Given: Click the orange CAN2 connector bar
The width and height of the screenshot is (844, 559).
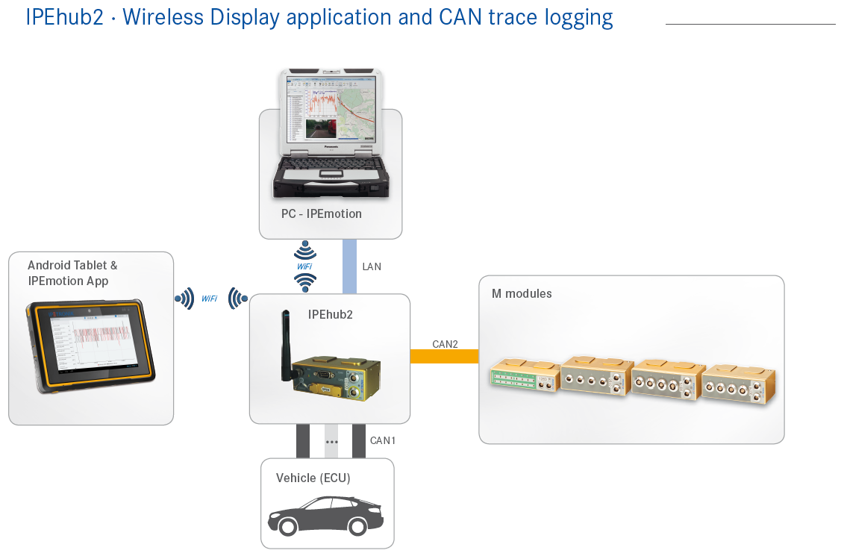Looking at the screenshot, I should pyautogui.click(x=444, y=356).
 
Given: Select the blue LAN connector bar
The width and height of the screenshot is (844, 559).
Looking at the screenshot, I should pyautogui.click(x=349, y=266).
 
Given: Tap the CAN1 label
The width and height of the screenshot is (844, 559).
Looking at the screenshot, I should pyautogui.click(x=383, y=441).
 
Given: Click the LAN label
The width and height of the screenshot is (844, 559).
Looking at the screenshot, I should pyautogui.click(x=372, y=266).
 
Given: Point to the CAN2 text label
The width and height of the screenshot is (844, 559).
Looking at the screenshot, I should pyautogui.click(x=445, y=344).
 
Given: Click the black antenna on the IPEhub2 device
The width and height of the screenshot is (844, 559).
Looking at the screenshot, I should pyautogui.click(x=284, y=340).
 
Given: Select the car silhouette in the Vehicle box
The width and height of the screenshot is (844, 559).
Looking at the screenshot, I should pyautogui.click(x=325, y=515).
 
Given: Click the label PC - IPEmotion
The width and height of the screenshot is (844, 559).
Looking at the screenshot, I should pyautogui.click(x=322, y=213).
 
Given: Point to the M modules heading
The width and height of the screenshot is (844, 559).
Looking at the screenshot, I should pyautogui.click(x=522, y=293).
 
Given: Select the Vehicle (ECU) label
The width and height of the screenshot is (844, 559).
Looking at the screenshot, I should pyautogui.click(x=313, y=478).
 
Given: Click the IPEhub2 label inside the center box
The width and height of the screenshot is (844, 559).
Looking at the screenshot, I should pyautogui.click(x=330, y=314).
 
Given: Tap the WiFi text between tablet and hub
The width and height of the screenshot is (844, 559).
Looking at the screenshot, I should pyautogui.click(x=209, y=299).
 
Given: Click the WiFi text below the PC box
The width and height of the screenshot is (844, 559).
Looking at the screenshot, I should pyautogui.click(x=304, y=266).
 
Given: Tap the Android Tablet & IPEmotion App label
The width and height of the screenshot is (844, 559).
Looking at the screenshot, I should pyautogui.click(x=72, y=273).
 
